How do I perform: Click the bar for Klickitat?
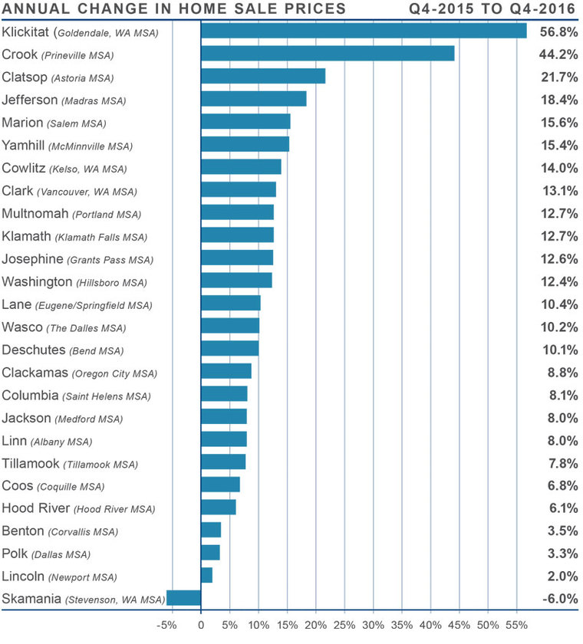point(364,31)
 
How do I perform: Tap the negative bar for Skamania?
point(183,599)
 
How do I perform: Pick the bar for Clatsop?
point(263,77)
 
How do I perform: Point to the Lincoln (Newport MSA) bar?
point(206,576)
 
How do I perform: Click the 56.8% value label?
point(558,32)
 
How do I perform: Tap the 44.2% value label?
point(558,54)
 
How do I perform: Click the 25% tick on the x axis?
point(344,625)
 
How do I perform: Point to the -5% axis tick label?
point(166,625)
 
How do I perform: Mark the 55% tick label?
point(517,625)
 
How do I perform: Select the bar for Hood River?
point(218,508)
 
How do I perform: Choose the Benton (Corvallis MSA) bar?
point(211,531)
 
